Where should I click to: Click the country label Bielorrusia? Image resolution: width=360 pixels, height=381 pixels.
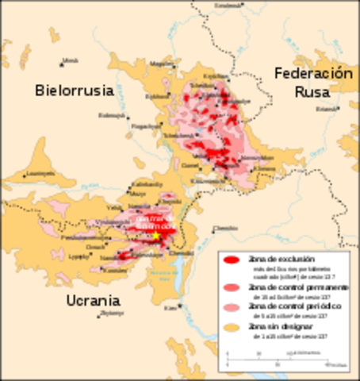75,90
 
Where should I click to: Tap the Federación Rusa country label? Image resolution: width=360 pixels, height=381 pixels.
313,82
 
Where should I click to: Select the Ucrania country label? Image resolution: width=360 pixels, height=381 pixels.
94,301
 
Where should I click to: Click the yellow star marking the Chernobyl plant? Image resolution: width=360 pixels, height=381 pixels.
157,236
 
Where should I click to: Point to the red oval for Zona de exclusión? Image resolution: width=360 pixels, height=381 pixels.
232,260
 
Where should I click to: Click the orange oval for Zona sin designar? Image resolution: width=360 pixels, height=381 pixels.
232,326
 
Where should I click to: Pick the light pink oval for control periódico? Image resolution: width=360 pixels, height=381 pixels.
232,306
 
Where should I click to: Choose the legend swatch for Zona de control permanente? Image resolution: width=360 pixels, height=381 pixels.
232,286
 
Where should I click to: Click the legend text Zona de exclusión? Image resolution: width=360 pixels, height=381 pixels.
270,260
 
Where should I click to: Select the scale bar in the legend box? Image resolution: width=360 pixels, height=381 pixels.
278,356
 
